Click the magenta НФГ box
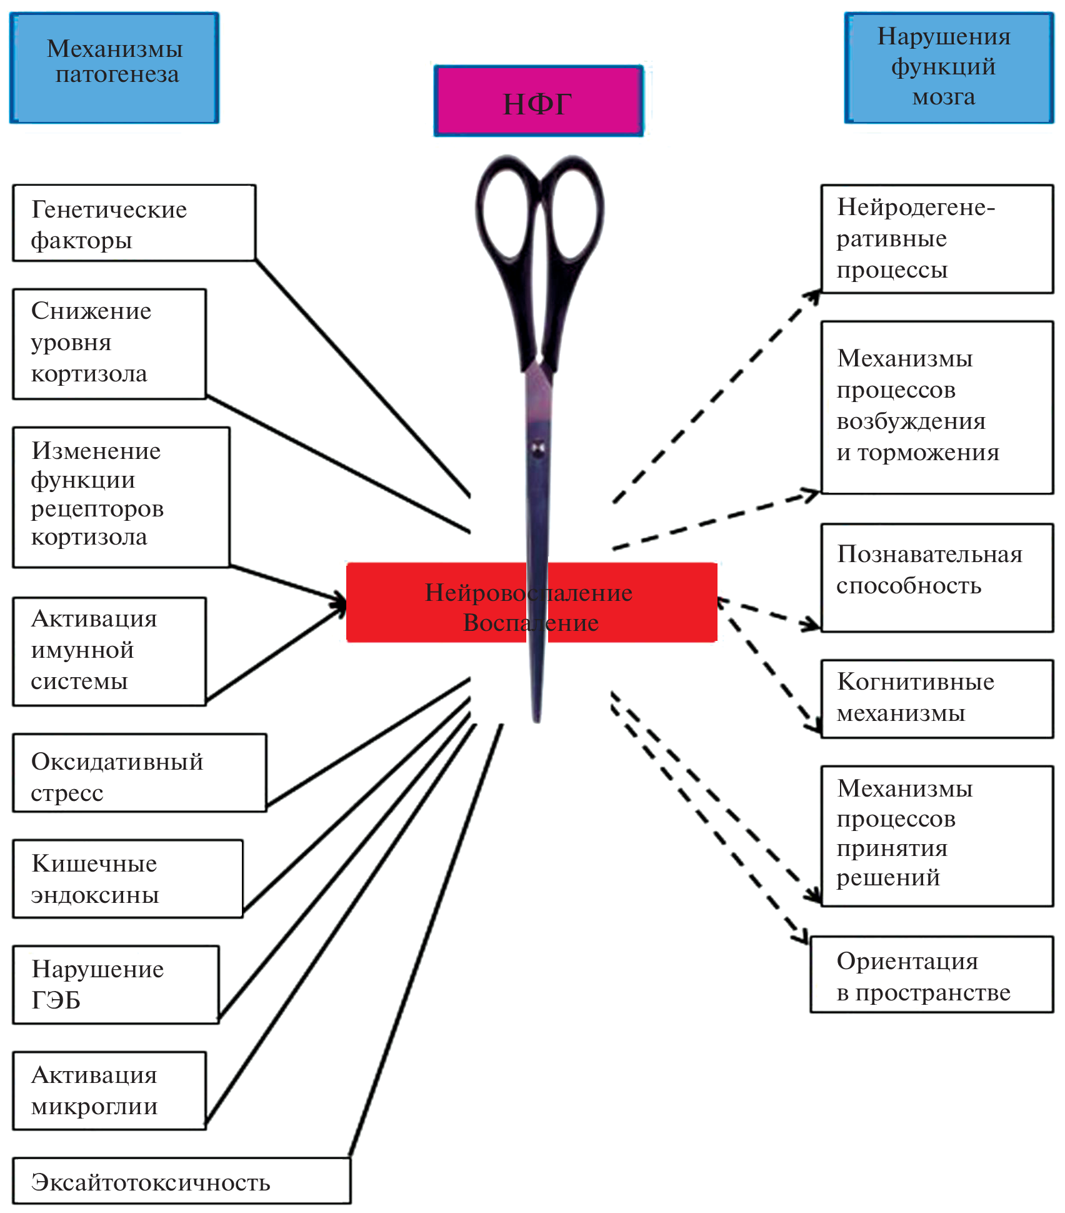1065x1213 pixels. pyautogui.click(x=538, y=101)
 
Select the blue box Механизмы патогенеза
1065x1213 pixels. pyautogui.click(x=114, y=68)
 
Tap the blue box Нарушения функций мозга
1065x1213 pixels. pyautogui.click(x=949, y=68)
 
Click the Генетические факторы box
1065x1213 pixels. pyautogui.click(x=134, y=223)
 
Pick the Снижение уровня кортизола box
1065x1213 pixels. pyautogui.click(x=109, y=344)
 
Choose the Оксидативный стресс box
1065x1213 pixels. pyautogui.click(x=139, y=773)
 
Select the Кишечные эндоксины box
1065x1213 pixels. pyautogui.click(x=127, y=879)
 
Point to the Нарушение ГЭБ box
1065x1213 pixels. pyautogui.click(x=116, y=985)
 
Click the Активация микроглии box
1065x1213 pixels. pyautogui.click(x=109, y=1090)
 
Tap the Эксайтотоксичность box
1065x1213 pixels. pyautogui.click(x=181, y=1181)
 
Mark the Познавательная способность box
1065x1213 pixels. pyautogui.click(x=936, y=578)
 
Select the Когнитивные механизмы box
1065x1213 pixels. pyautogui.click(x=936, y=699)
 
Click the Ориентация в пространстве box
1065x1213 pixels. pyautogui.click(x=931, y=975)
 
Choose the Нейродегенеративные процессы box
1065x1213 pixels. pyautogui.click(x=936, y=239)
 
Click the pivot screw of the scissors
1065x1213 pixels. pyautogui.click(x=537, y=448)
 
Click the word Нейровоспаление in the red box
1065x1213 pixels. pyautogui.click(x=528, y=592)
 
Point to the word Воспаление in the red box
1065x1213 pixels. pyautogui.click(x=531, y=623)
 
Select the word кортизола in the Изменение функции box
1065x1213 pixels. pyautogui.click(x=89, y=537)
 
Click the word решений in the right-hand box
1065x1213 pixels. pyautogui.click(x=888, y=878)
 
